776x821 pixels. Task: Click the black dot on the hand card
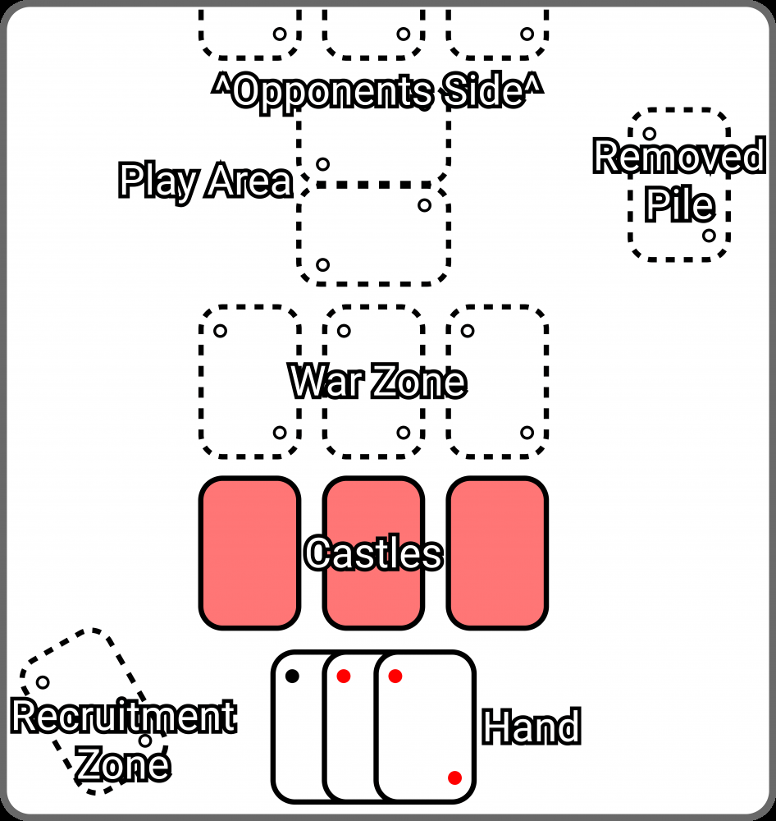point(292,677)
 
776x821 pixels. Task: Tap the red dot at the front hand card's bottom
point(454,777)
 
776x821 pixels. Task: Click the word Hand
point(531,727)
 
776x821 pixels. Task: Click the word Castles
point(373,554)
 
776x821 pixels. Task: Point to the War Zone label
point(377,383)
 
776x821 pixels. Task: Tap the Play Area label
point(205,181)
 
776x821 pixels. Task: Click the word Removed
point(678,157)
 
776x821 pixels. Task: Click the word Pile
point(678,204)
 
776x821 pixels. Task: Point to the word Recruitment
point(123,717)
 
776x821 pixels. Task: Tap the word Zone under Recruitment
point(123,764)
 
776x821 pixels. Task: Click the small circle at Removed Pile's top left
point(649,133)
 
